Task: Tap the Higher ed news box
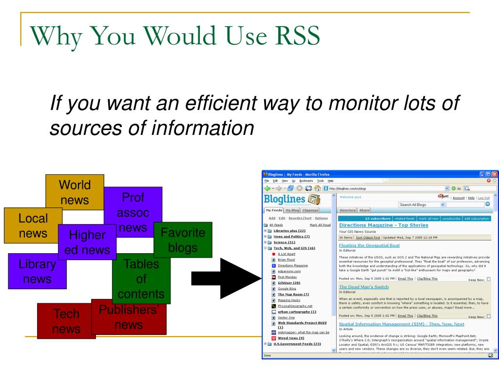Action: point(87,242)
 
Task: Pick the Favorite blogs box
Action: point(183,240)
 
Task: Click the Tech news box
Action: point(66,321)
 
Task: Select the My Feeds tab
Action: point(273,210)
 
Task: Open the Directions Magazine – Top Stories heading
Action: point(383,225)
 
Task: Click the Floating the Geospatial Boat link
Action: point(369,245)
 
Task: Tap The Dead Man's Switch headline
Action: point(364,287)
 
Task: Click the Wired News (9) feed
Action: point(291,338)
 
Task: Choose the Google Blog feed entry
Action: point(287,289)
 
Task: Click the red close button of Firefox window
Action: point(495,174)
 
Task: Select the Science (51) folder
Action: point(284,242)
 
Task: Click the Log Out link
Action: point(483,198)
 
